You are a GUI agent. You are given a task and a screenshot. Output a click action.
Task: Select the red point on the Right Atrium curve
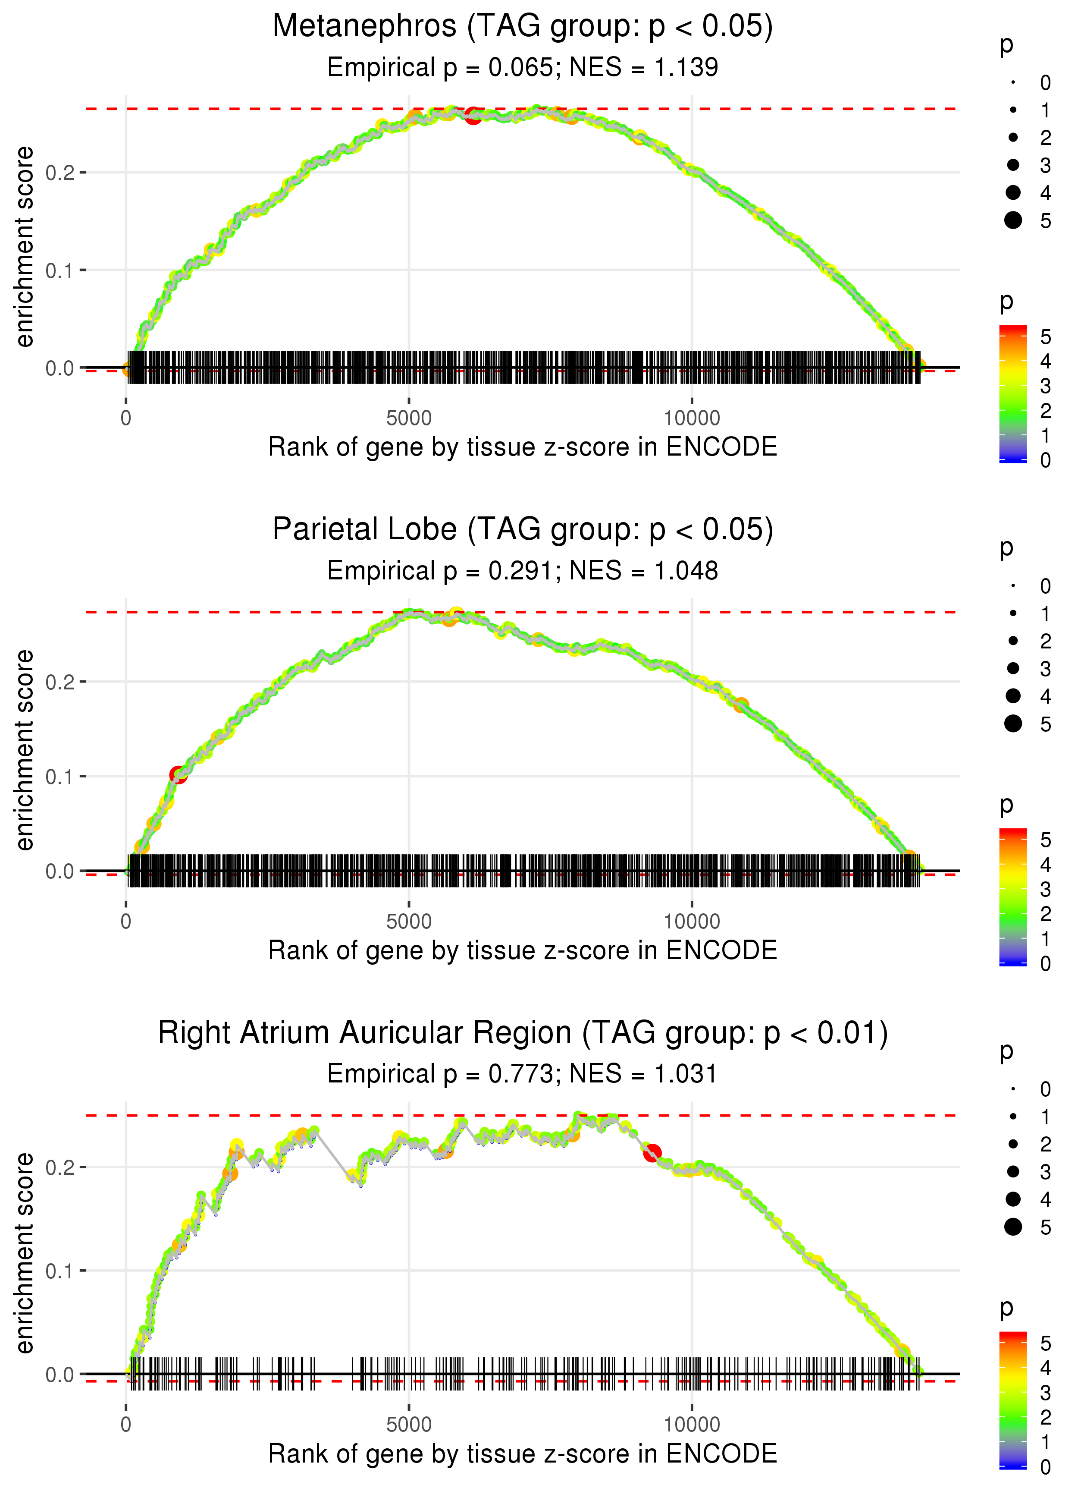click(652, 1153)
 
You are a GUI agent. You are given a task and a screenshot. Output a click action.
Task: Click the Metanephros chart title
click(523, 27)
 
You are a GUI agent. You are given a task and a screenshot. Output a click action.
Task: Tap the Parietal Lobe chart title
click(523, 530)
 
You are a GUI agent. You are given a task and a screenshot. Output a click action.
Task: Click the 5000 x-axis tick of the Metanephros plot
click(409, 418)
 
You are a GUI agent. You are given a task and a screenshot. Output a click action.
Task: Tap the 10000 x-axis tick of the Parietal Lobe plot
click(692, 922)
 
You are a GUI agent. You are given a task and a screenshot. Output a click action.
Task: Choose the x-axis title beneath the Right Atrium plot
click(523, 1453)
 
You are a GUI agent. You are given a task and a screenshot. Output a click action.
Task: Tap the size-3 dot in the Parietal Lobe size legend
click(1013, 668)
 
